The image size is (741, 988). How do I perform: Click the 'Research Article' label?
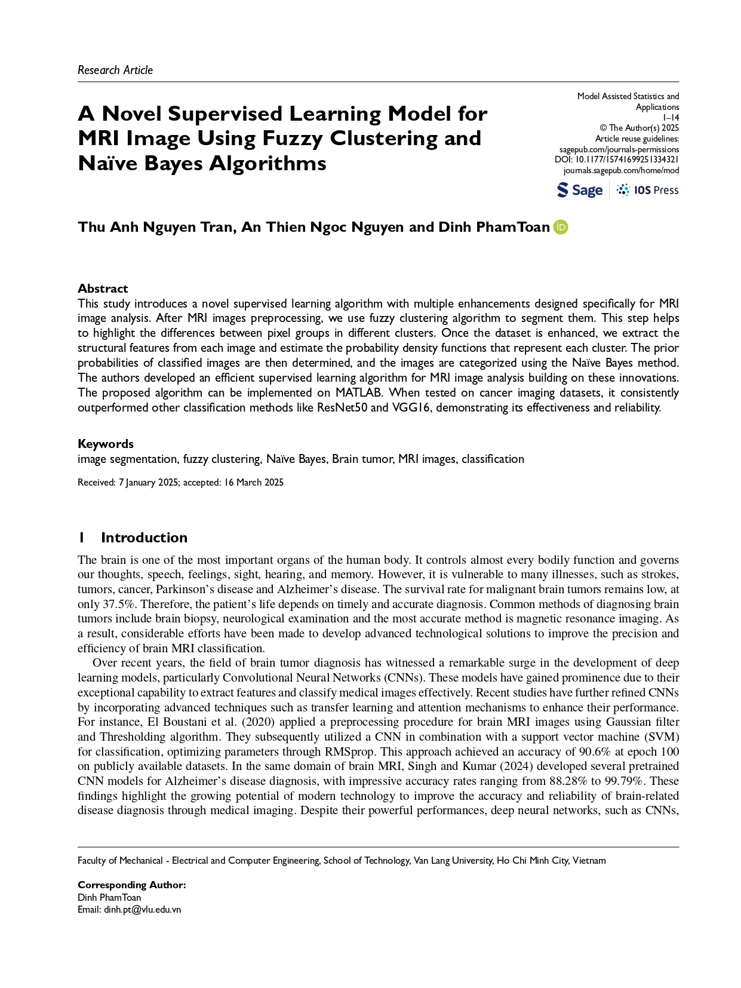[115, 70]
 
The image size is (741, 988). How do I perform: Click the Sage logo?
[580, 190]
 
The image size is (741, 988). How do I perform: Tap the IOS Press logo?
[648, 190]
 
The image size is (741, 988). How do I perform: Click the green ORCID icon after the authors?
[561, 227]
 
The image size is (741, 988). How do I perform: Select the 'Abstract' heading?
[103, 288]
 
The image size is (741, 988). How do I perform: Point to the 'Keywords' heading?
[106, 443]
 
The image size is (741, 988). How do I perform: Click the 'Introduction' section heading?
[144, 537]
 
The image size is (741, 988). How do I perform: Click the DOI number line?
[617, 159]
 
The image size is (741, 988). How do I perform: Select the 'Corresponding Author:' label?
[132, 885]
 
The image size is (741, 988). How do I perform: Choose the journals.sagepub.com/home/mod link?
[621, 170]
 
